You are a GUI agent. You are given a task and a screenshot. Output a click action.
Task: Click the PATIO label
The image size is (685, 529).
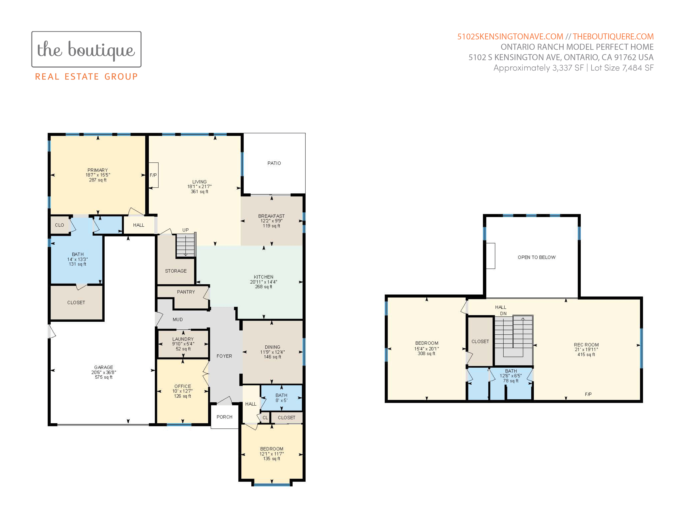pos(274,163)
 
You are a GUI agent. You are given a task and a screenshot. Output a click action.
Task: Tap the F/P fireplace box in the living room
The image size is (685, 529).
pos(153,175)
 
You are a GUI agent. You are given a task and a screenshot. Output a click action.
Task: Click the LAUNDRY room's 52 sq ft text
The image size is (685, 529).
pos(183,349)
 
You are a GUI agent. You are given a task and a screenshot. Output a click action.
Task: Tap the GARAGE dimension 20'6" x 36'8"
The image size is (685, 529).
pos(104,372)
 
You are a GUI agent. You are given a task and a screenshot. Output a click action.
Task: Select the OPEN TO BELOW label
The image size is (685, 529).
pos(537,257)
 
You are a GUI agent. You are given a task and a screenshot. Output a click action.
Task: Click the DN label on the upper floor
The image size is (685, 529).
pos(503,313)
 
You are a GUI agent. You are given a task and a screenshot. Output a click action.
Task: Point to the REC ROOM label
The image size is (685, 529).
pos(586,345)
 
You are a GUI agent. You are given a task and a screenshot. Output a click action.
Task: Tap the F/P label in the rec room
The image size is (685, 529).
pos(588,394)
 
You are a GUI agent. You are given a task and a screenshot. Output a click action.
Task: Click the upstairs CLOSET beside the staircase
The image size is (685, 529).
pos(480,341)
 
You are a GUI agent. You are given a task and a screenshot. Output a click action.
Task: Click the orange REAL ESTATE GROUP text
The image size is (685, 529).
pos(86,77)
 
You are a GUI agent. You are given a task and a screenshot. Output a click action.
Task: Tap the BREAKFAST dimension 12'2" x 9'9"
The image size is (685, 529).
pos(272,221)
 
